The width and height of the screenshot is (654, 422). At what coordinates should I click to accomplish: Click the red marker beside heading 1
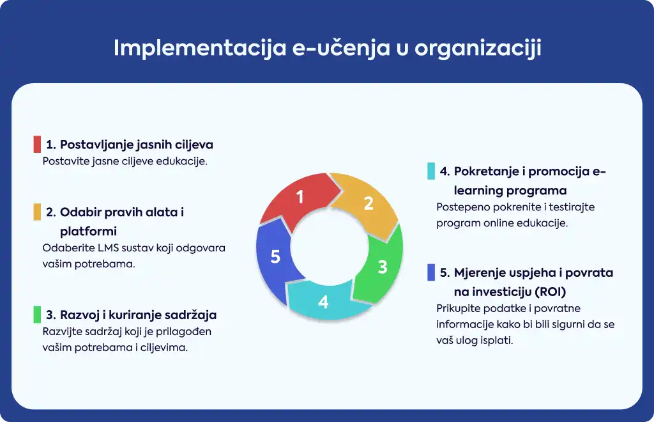pos(37,144)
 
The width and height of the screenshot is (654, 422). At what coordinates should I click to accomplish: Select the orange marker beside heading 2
pos(37,212)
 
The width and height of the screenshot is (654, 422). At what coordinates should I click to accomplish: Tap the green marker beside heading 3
pos(37,315)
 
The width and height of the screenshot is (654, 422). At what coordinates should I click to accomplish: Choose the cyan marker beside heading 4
pos(431,171)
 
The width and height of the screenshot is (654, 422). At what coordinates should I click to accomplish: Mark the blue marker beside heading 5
pos(431,272)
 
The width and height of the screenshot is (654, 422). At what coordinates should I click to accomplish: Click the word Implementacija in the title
pos(200,48)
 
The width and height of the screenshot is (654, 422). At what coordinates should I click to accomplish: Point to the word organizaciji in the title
pos(478,48)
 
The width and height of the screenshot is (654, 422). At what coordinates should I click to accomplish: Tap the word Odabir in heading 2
pos(80,212)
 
